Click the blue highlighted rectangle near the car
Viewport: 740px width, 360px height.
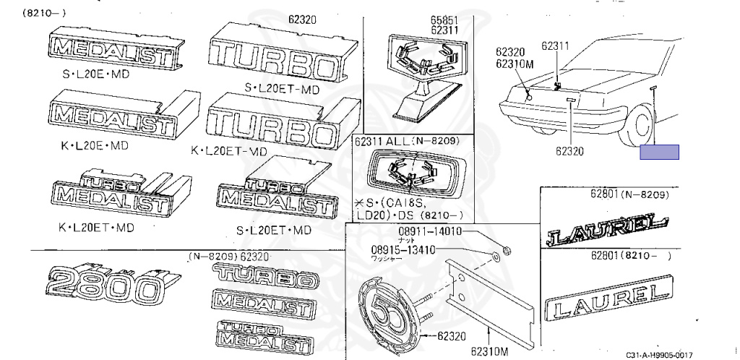point(660,152)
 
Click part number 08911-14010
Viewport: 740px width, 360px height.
point(429,231)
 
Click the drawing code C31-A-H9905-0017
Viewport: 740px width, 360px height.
point(659,353)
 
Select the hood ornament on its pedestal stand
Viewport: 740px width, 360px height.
point(423,72)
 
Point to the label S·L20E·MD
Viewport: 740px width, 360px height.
point(95,74)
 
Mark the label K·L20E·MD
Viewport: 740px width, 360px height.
point(94,145)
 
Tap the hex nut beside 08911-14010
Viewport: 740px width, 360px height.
point(507,250)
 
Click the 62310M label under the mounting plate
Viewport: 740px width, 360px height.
point(489,352)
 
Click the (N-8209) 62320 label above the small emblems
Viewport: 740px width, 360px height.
point(228,257)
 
